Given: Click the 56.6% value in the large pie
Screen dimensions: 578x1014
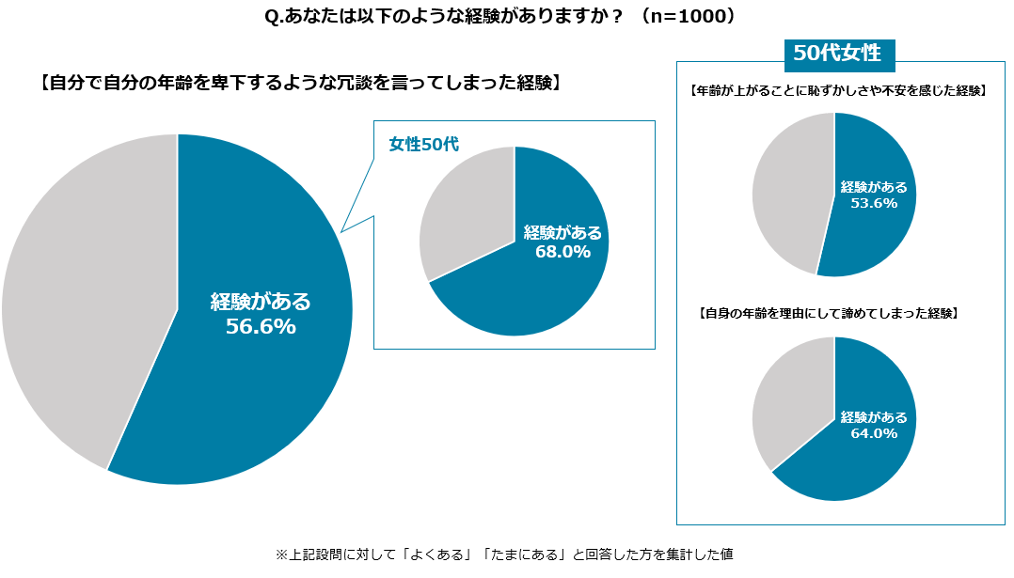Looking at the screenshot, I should [261, 327].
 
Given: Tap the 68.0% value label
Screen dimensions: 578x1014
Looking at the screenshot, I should [562, 252].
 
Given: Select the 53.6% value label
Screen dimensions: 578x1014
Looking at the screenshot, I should [874, 202].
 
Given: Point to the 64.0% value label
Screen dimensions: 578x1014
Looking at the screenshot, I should [874, 433].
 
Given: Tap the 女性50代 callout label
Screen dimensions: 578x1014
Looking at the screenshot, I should [423, 145].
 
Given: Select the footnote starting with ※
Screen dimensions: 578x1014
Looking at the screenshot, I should [503, 555].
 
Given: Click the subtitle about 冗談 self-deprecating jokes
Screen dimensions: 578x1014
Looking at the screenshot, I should [301, 83].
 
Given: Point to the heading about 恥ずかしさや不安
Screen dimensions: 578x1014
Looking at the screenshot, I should [836, 91].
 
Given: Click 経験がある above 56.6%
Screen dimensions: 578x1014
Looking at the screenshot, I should [261, 302].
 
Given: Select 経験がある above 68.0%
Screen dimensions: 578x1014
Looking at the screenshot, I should [562, 233].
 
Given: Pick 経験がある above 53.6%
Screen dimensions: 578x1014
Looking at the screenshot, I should [874, 186].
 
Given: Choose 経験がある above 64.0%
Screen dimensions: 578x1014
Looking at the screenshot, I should [874, 417].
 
